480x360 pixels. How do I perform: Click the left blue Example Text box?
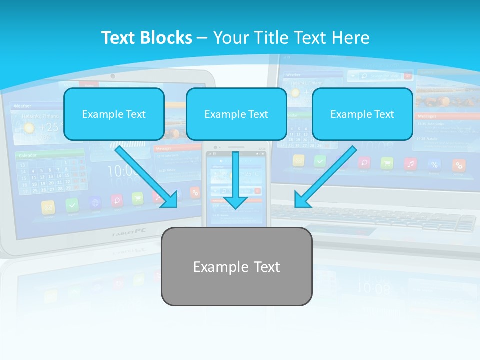coord(114,114)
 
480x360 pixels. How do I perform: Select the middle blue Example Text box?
coord(236,114)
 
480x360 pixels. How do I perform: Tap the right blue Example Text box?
coord(362,114)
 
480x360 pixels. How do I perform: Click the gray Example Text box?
coord(236,266)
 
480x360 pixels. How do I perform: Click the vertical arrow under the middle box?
coord(235,180)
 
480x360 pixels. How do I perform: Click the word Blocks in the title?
coord(166,38)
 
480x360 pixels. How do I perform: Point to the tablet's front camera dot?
coord(113,76)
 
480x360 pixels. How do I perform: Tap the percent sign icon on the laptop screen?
coord(434,164)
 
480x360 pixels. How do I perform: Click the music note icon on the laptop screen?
coord(410,163)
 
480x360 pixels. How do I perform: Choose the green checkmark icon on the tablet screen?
coord(72,205)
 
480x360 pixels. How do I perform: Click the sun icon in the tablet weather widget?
coord(29,128)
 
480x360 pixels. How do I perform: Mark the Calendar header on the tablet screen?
coord(28,155)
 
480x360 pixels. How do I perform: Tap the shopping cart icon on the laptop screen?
coord(387,163)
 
